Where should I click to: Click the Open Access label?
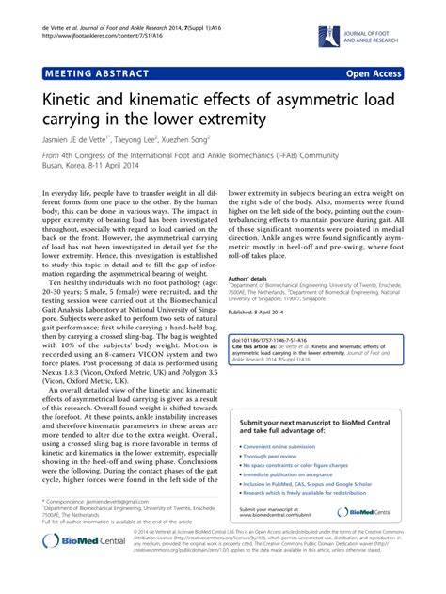click(390, 72)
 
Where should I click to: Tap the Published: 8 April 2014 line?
click(268, 312)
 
